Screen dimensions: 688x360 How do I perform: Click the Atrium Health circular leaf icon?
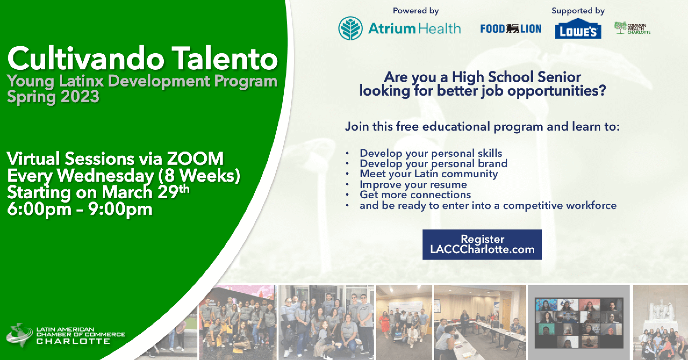(x=350, y=28)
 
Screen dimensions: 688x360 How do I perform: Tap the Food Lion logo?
(x=511, y=29)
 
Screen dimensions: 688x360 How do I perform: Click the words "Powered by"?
(x=416, y=11)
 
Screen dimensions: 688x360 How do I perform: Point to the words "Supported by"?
(x=578, y=11)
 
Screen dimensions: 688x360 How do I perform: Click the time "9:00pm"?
(x=120, y=209)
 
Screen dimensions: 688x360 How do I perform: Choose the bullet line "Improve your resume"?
(x=413, y=184)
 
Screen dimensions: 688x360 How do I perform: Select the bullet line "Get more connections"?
(x=415, y=195)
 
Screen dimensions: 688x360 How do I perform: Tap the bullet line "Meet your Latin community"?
(x=429, y=174)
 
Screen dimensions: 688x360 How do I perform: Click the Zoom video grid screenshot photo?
(x=579, y=322)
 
